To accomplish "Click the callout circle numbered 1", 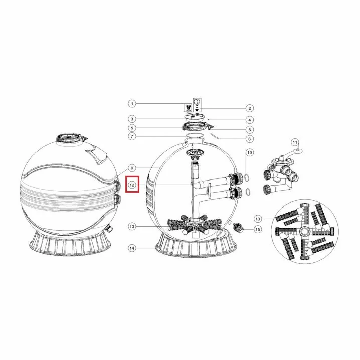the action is click(x=132, y=104).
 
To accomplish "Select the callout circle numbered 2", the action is click(x=250, y=108).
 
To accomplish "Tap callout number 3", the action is click(x=132, y=119).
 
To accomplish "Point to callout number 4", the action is click(x=250, y=120).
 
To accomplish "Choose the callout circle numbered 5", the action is click(x=132, y=128).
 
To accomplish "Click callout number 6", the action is click(x=250, y=130).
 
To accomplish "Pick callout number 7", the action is click(x=132, y=136).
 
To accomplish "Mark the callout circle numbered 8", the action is click(x=250, y=139).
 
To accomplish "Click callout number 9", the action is click(x=132, y=168).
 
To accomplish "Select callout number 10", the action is click(x=250, y=152).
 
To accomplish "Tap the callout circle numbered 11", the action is click(x=295, y=142).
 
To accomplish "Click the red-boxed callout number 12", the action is click(x=132, y=185).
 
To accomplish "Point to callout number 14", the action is click(x=132, y=248).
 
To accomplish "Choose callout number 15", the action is click(x=258, y=229).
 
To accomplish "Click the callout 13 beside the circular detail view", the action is click(x=258, y=219).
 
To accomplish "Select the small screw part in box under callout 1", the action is click(x=188, y=108).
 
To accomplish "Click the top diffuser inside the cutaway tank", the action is click(x=195, y=153).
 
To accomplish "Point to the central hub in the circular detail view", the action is click(x=305, y=231).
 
